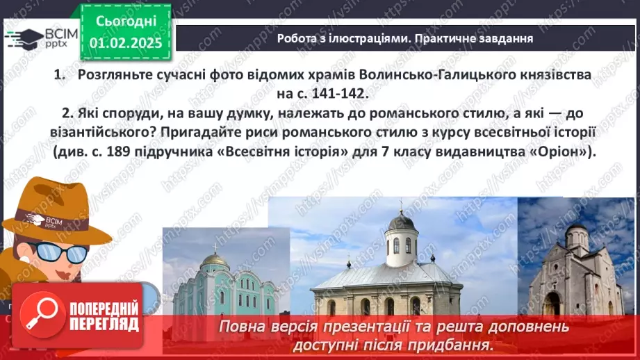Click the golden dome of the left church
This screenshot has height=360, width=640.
[215, 259]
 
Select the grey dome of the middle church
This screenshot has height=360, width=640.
[401, 222]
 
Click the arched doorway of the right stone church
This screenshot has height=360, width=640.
[553, 304]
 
